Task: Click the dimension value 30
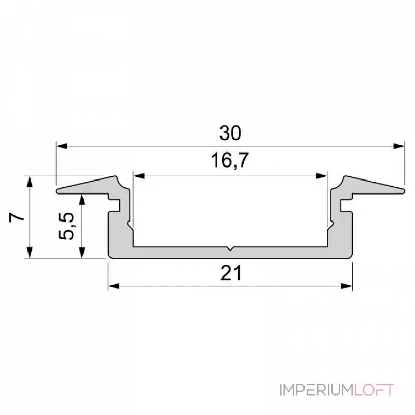230,133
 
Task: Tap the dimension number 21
230,273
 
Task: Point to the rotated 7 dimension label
17,217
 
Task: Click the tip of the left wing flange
57,191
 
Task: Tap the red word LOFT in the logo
374,390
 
